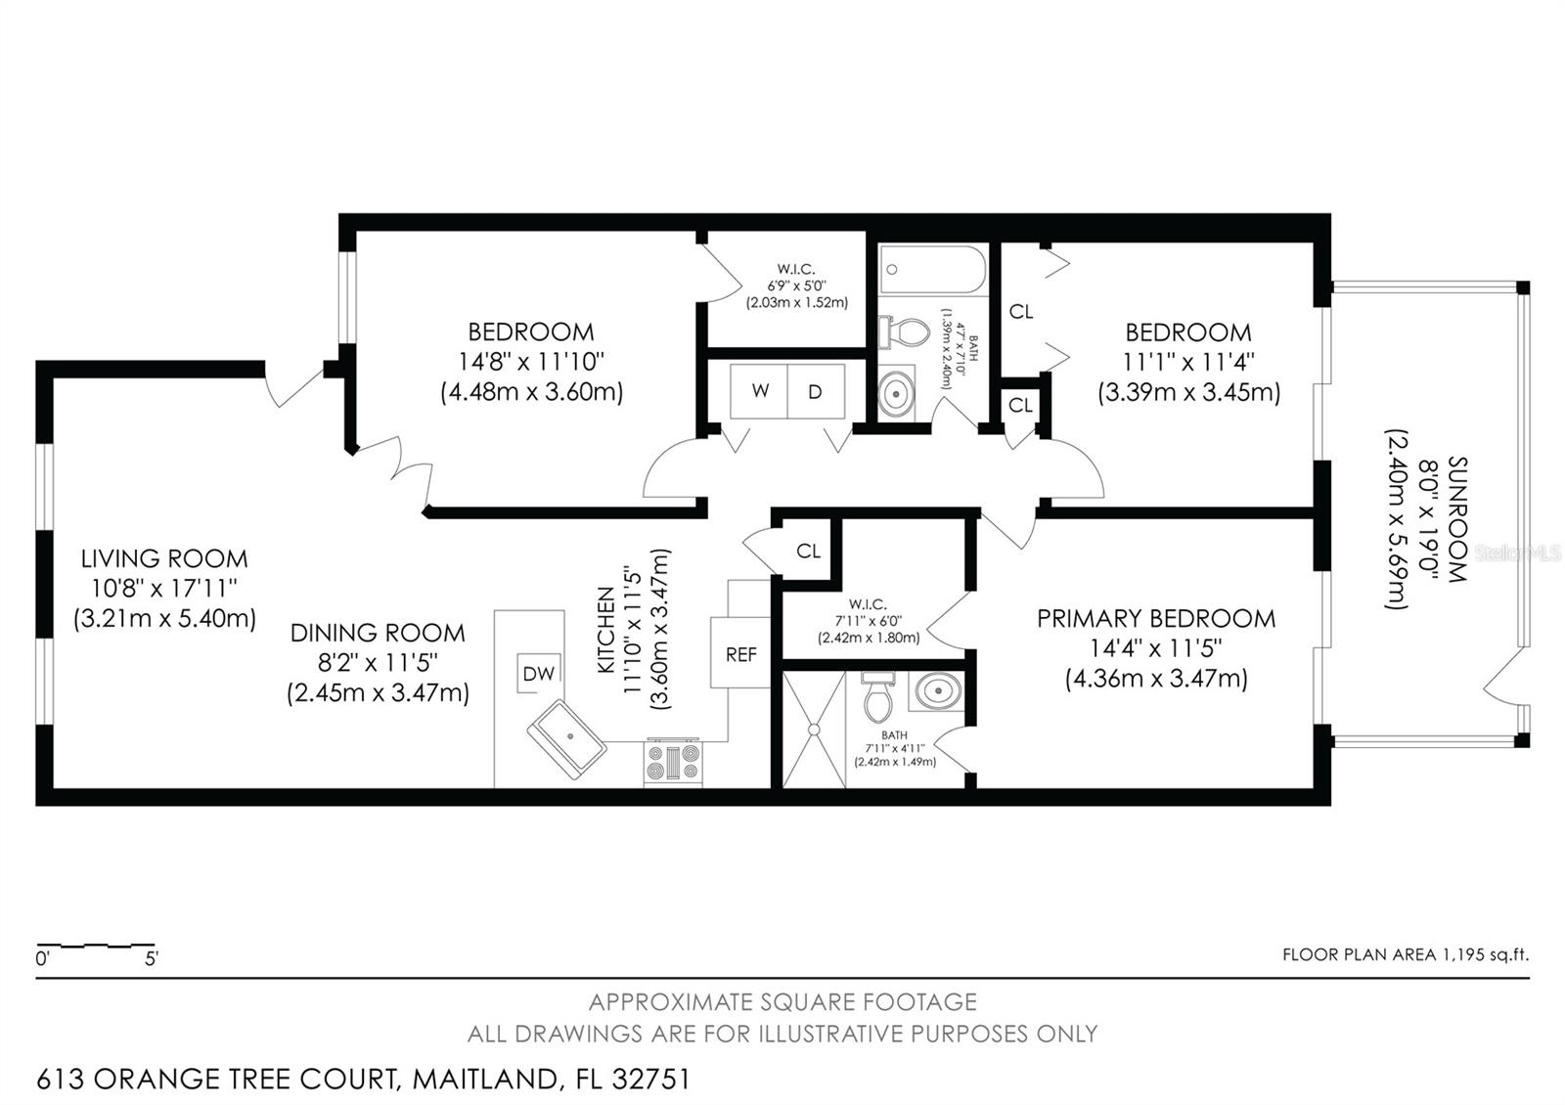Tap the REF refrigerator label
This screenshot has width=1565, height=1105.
[x=740, y=654]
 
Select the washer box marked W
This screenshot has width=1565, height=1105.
[x=760, y=391]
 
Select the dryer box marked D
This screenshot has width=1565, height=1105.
[x=815, y=391]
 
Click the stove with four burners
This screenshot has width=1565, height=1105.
[x=673, y=762]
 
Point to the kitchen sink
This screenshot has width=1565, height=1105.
[x=566, y=739]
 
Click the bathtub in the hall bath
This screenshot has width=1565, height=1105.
[x=932, y=270]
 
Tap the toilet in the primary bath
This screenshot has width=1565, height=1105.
[x=876, y=696]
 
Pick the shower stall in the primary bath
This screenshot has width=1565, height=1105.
[x=813, y=729]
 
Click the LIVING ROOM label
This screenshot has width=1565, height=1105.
[x=164, y=558]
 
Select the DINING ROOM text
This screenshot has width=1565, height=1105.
[x=378, y=633]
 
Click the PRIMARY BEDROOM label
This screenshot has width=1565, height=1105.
[x=1156, y=618]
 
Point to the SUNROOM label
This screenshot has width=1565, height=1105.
[x=1457, y=519]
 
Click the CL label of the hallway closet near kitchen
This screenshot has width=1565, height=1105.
[x=808, y=551]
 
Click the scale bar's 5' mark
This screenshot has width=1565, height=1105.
[x=152, y=958]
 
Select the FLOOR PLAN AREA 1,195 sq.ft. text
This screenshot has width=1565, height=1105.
[x=1405, y=954]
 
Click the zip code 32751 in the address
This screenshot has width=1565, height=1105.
[x=650, y=1080]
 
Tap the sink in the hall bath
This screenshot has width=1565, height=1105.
[x=895, y=394]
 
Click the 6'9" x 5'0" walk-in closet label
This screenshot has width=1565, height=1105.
[x=796, y=286]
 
